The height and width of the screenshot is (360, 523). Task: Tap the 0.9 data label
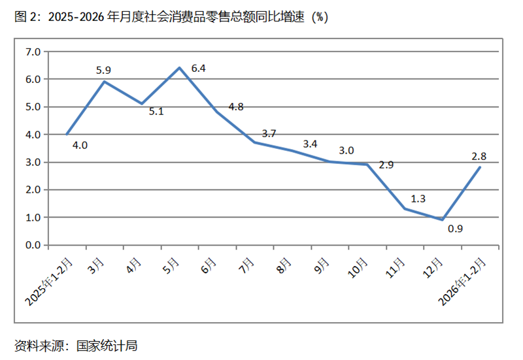click(x=456, y=229)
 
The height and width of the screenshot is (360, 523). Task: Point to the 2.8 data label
click(x=479, y=155)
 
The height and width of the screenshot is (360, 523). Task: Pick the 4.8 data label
click(x=235, y=107)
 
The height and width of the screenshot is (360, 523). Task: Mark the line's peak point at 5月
click(x=179, y=67)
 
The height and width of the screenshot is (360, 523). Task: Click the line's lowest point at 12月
click(x=442, y=220)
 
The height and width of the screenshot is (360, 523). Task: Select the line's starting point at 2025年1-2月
click(x=67, y=134)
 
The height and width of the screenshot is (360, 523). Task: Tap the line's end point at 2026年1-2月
click(x=480, y=167)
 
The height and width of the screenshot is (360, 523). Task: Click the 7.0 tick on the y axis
click(x=33, y=52)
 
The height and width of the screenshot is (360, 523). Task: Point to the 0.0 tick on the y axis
click(x=33, y=245)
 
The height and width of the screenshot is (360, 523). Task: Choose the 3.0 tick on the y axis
click(x=33, y=162)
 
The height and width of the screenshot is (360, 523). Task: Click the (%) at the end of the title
click(x=318, y=18)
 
